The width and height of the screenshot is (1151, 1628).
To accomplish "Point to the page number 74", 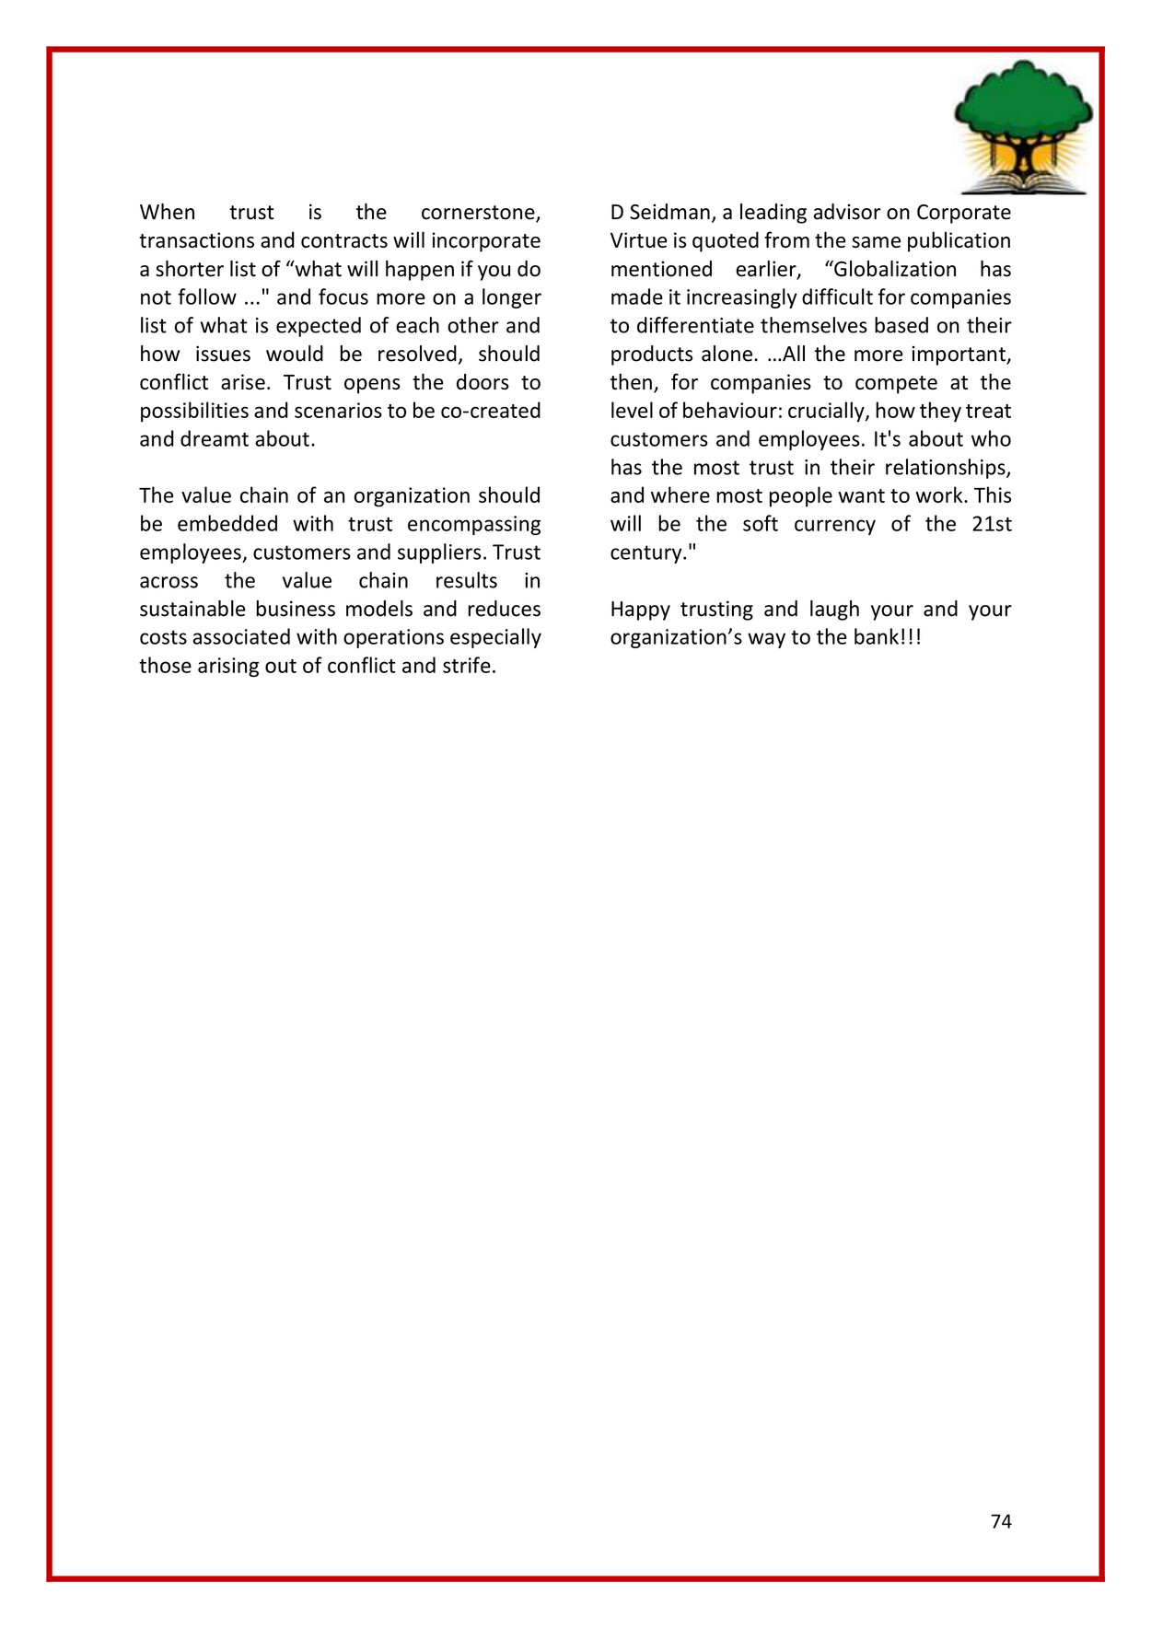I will click(1001, 1521).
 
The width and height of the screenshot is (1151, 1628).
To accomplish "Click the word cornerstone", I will click(480, 213).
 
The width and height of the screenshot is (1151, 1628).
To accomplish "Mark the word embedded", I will click(227, 525).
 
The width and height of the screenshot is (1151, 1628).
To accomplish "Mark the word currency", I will click(834, 525).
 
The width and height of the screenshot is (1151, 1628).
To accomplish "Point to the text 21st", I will click(991, 525).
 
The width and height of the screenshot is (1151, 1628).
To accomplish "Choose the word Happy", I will click(639, 610).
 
